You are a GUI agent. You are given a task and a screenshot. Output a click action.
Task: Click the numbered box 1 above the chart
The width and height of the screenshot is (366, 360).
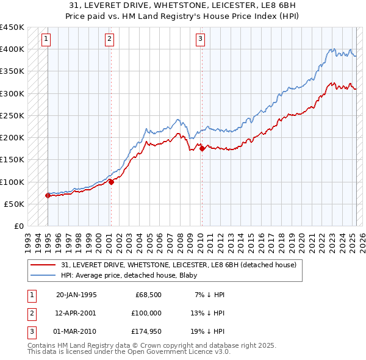(46, 40)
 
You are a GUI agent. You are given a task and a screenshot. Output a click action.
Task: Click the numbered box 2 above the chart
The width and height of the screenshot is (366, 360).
(109, 40)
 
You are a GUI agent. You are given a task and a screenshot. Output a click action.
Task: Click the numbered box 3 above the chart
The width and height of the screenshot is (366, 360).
(200, 40)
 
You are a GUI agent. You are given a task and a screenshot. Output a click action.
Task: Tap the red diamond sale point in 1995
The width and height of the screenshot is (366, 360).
(48, 195)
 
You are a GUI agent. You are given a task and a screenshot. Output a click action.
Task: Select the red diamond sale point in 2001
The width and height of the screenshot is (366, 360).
(111, 181)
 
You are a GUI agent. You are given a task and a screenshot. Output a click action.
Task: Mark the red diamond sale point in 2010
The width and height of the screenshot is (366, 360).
(202, 148)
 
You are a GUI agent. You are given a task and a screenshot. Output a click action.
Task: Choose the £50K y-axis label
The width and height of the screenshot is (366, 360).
(15, 204)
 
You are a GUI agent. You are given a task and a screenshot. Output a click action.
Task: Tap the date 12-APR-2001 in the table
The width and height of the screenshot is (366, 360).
(76, 312)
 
